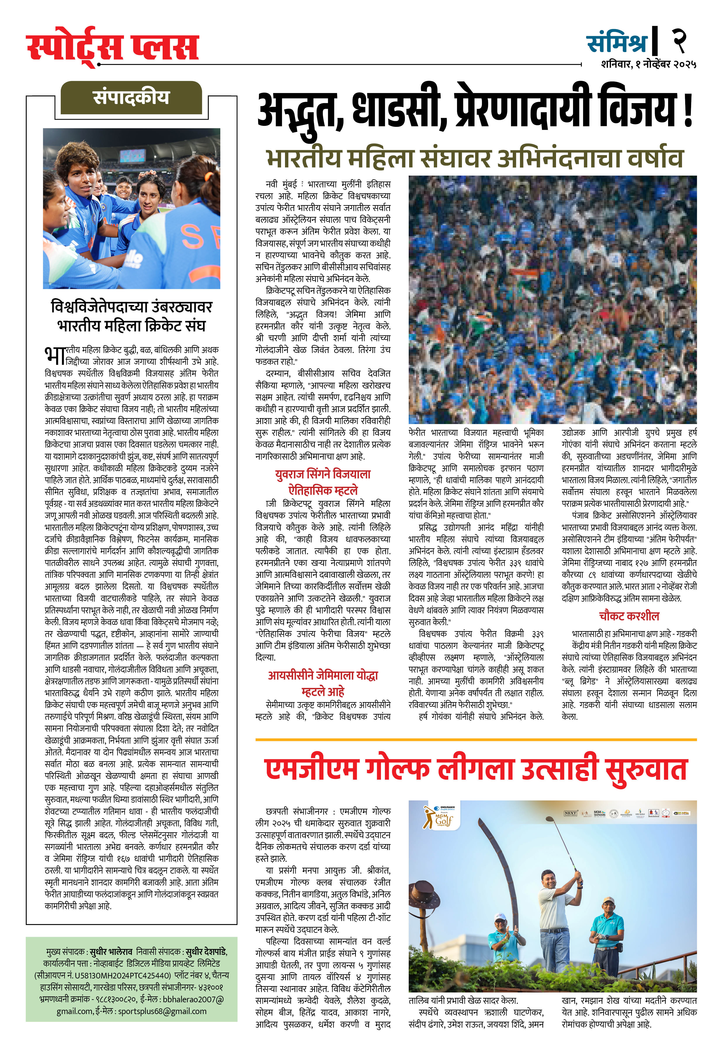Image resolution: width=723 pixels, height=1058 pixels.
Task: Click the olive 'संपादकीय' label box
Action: pos(131,97)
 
